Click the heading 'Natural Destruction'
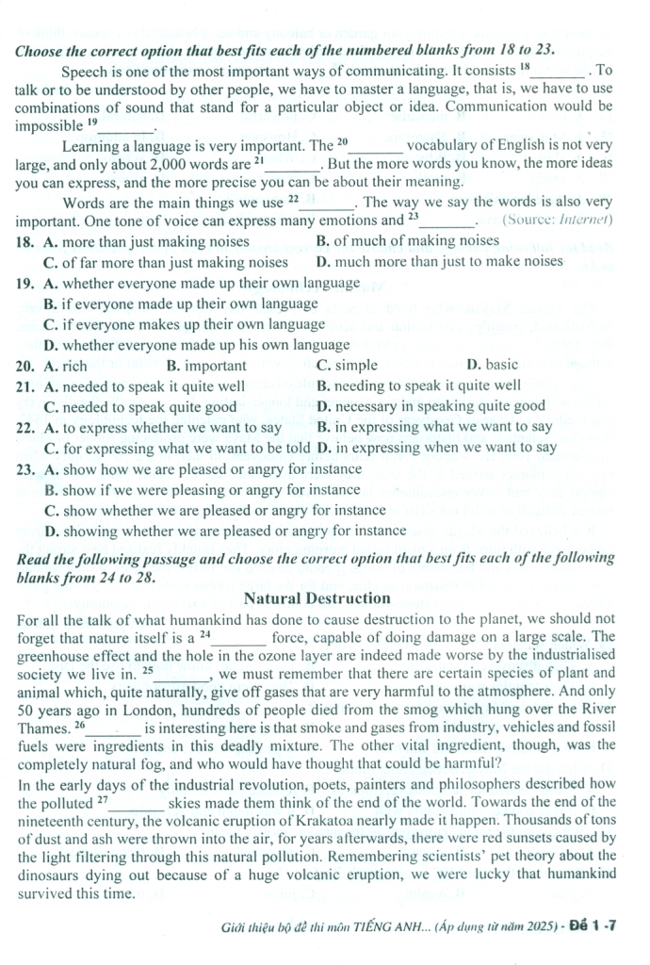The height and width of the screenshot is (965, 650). pyautogui.click(x=317, y=597)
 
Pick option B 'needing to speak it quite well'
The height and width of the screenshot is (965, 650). pyautogui.click(x=418, y=385)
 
